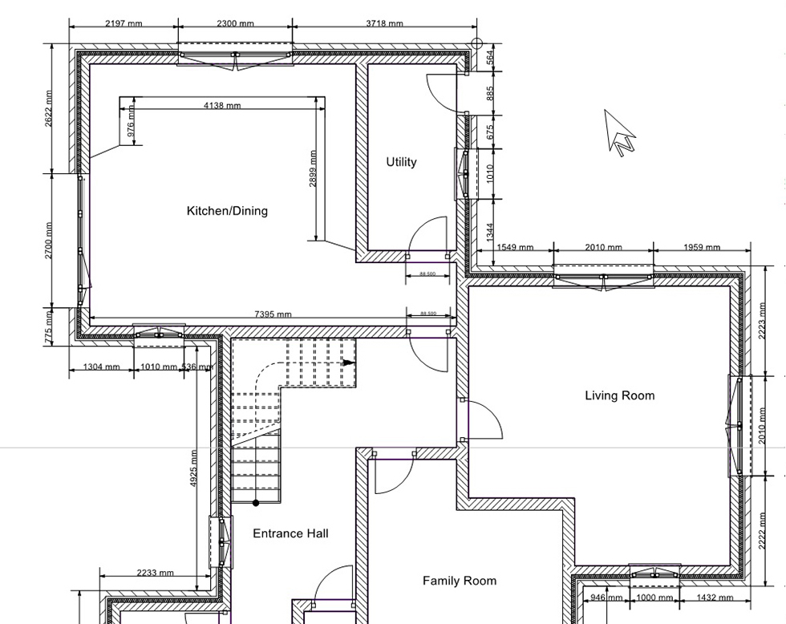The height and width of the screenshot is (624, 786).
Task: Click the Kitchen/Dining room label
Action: tap(227, 211)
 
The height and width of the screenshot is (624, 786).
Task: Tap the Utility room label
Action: tap(401, 162)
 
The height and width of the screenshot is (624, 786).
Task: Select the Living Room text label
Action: tap(619, 395)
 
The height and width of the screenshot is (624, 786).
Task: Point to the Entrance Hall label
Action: tap(290, 533)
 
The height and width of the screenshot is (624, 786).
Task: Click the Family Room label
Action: tap(460, 581)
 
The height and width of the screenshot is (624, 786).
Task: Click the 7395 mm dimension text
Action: tap(273, 314)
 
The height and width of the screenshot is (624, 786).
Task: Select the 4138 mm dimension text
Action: tap(222, 105)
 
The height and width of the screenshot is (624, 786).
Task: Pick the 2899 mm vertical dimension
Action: tap(312, 169)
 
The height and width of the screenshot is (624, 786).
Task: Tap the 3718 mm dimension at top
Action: tap(384, 23)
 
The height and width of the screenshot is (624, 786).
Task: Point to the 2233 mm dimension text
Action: tap(155, 573)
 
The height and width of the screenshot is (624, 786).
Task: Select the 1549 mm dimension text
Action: tap(514, 247)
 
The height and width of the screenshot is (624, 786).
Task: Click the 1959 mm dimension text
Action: tap(701, 247)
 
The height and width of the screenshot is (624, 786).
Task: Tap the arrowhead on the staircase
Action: tap(348, 363)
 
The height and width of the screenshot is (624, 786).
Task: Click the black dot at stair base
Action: tap(256, 504)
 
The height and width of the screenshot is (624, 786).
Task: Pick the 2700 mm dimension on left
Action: tap(48, 241)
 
